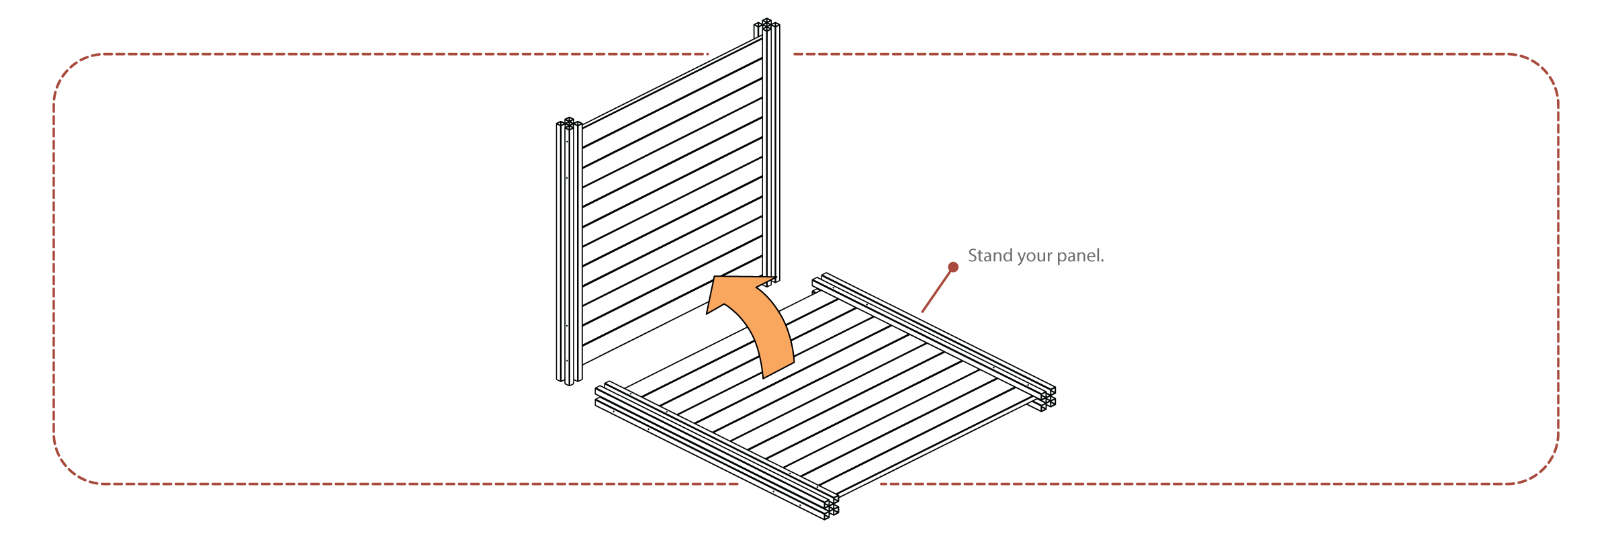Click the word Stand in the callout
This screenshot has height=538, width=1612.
pos(990,256)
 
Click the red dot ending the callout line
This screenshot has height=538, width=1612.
pos(953,267)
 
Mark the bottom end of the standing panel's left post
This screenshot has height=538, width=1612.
pos(569,382)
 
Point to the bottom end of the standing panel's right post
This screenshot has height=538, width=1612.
pos(772,280)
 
